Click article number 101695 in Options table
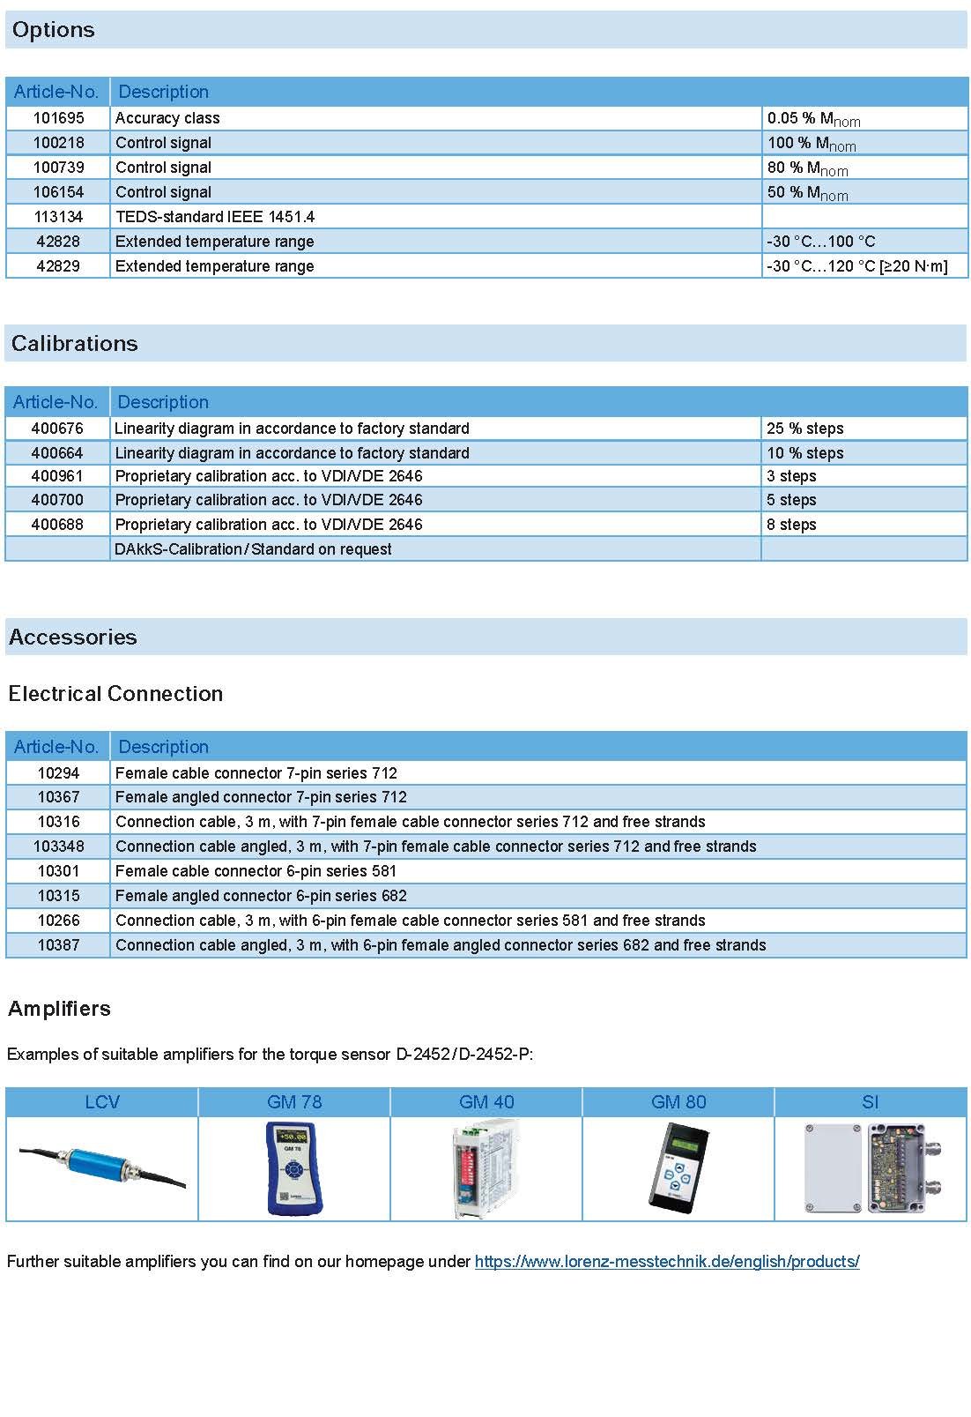58,118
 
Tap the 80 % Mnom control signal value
807,168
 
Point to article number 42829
58,266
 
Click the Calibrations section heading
75,343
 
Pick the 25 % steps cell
804,429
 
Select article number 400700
57,500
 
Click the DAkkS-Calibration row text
253,549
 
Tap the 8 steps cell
791,525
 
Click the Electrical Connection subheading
115,694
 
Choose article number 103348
59,846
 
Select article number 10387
58,945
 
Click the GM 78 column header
294,1102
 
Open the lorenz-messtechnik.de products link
666,1262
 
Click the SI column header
870,1102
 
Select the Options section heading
54,30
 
